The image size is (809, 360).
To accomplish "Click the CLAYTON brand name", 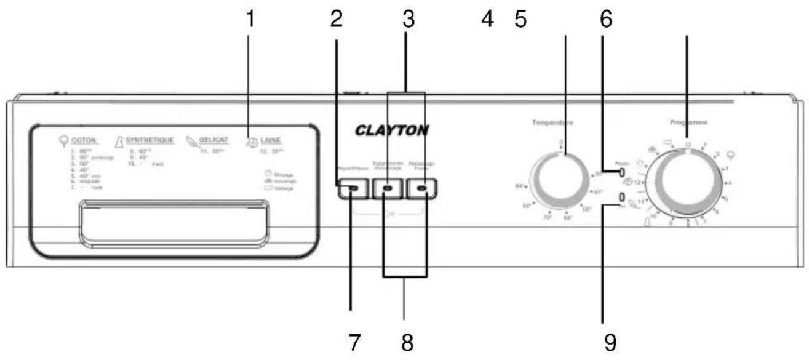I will [391, 130].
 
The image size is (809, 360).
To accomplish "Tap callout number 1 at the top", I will [250, 20].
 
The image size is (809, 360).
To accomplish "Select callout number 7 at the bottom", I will [354, 342].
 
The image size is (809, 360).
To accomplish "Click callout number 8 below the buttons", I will [407, 342].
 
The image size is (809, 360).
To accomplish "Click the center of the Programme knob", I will [687, 183].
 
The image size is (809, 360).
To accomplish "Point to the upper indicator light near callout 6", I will [622, 172].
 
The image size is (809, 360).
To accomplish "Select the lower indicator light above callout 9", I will [622, 198].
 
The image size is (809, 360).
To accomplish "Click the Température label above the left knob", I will [553, 123].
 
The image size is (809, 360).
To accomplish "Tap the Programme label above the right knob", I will [688, 123].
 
